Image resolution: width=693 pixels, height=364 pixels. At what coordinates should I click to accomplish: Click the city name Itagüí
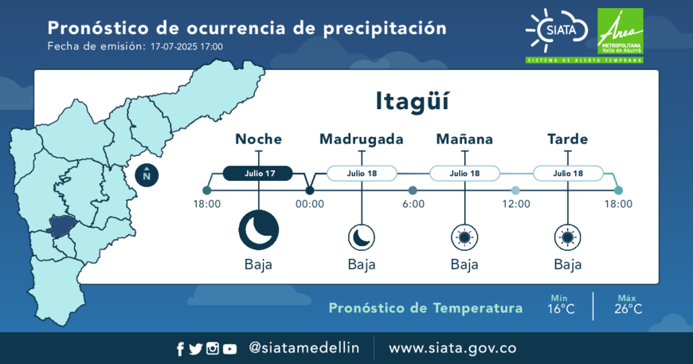(x=412, y=102)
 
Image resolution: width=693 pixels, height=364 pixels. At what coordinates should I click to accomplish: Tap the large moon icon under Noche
(x=259, y=230)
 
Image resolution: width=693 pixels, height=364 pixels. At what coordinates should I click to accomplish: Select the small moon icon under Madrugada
(x=362, y=237)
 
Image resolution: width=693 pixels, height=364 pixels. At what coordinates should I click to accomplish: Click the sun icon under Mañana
(x=464, y=237)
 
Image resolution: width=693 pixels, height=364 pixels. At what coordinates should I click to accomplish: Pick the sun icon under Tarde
(x=568, y=237)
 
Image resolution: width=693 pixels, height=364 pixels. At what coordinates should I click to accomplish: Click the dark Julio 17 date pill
(x=258, y=173)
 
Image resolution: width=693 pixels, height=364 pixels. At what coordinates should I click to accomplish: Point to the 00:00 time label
(x=310, y=204)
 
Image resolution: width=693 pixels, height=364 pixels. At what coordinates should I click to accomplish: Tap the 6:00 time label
(x=413, y=204)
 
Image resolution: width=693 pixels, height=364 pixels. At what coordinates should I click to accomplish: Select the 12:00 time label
(x=516, y=204)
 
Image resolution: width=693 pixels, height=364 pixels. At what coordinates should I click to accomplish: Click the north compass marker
(x=147, y=175)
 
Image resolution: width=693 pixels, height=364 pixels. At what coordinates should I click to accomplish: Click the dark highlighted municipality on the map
(x=61, y=227)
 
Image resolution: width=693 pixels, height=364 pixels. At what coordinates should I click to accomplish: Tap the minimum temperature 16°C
(x=561, y=309)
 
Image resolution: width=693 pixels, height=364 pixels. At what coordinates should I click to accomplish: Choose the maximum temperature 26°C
(x=628, y=309)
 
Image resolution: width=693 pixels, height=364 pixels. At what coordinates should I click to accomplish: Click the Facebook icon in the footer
(x=180, y=349)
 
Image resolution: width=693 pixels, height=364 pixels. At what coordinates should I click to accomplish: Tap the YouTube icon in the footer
(x=229, y=350)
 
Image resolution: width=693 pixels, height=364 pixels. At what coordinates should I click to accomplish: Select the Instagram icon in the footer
(x=213, y=349)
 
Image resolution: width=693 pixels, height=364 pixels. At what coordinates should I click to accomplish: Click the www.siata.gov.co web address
(x=452, y=348)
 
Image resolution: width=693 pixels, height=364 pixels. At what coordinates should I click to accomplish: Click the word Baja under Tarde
(x=568, y=264)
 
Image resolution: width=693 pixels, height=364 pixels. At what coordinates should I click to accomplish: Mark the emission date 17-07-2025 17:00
(x=186, y=46)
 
